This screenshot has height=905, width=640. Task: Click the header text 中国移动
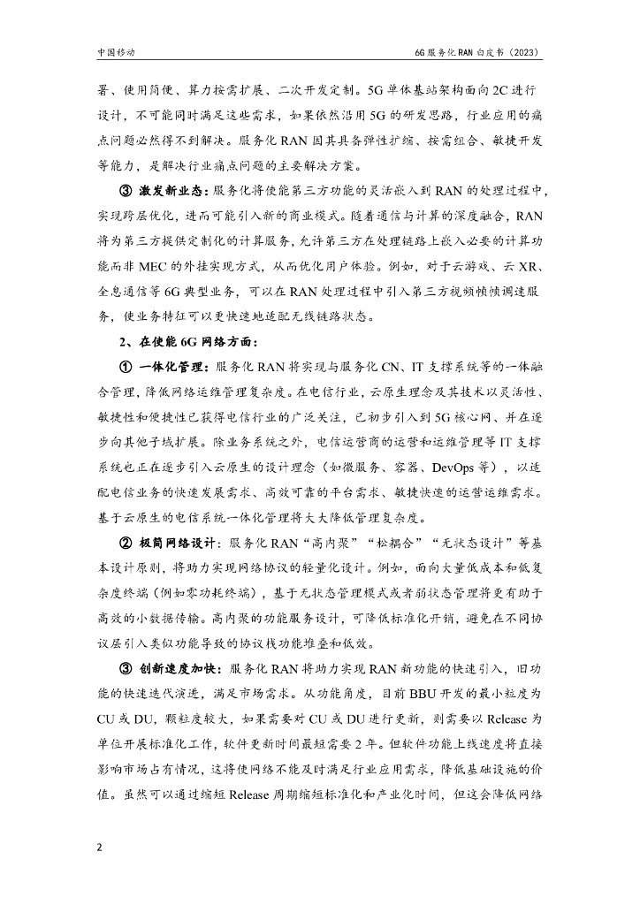[x=116, y=53]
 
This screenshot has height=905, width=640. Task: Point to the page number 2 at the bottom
[x=101, y=848]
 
